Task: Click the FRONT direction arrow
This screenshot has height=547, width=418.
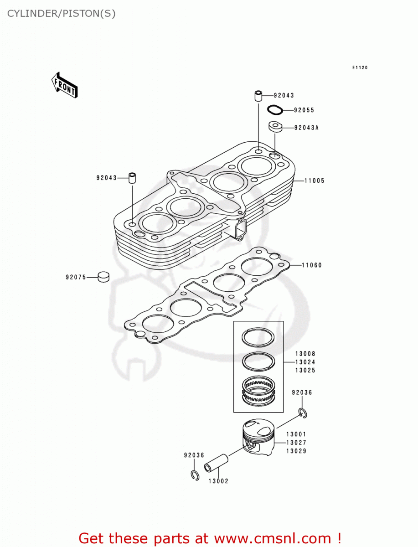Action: tap(65, 85)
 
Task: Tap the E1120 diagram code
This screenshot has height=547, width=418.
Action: tap(360, 68)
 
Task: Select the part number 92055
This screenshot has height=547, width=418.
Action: tap(304, 110)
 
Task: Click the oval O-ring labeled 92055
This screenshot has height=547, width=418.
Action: tap(275, 110)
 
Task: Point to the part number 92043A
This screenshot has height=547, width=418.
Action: tap(306, 128)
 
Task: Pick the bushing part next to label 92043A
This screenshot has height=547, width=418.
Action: tap(275, 127)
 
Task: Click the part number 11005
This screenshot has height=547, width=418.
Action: tap(315, 181)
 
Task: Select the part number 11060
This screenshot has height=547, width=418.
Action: tap(312, 265)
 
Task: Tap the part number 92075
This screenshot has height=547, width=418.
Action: tap(76, 277)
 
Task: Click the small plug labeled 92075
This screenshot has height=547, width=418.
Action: tap(103, 277)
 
